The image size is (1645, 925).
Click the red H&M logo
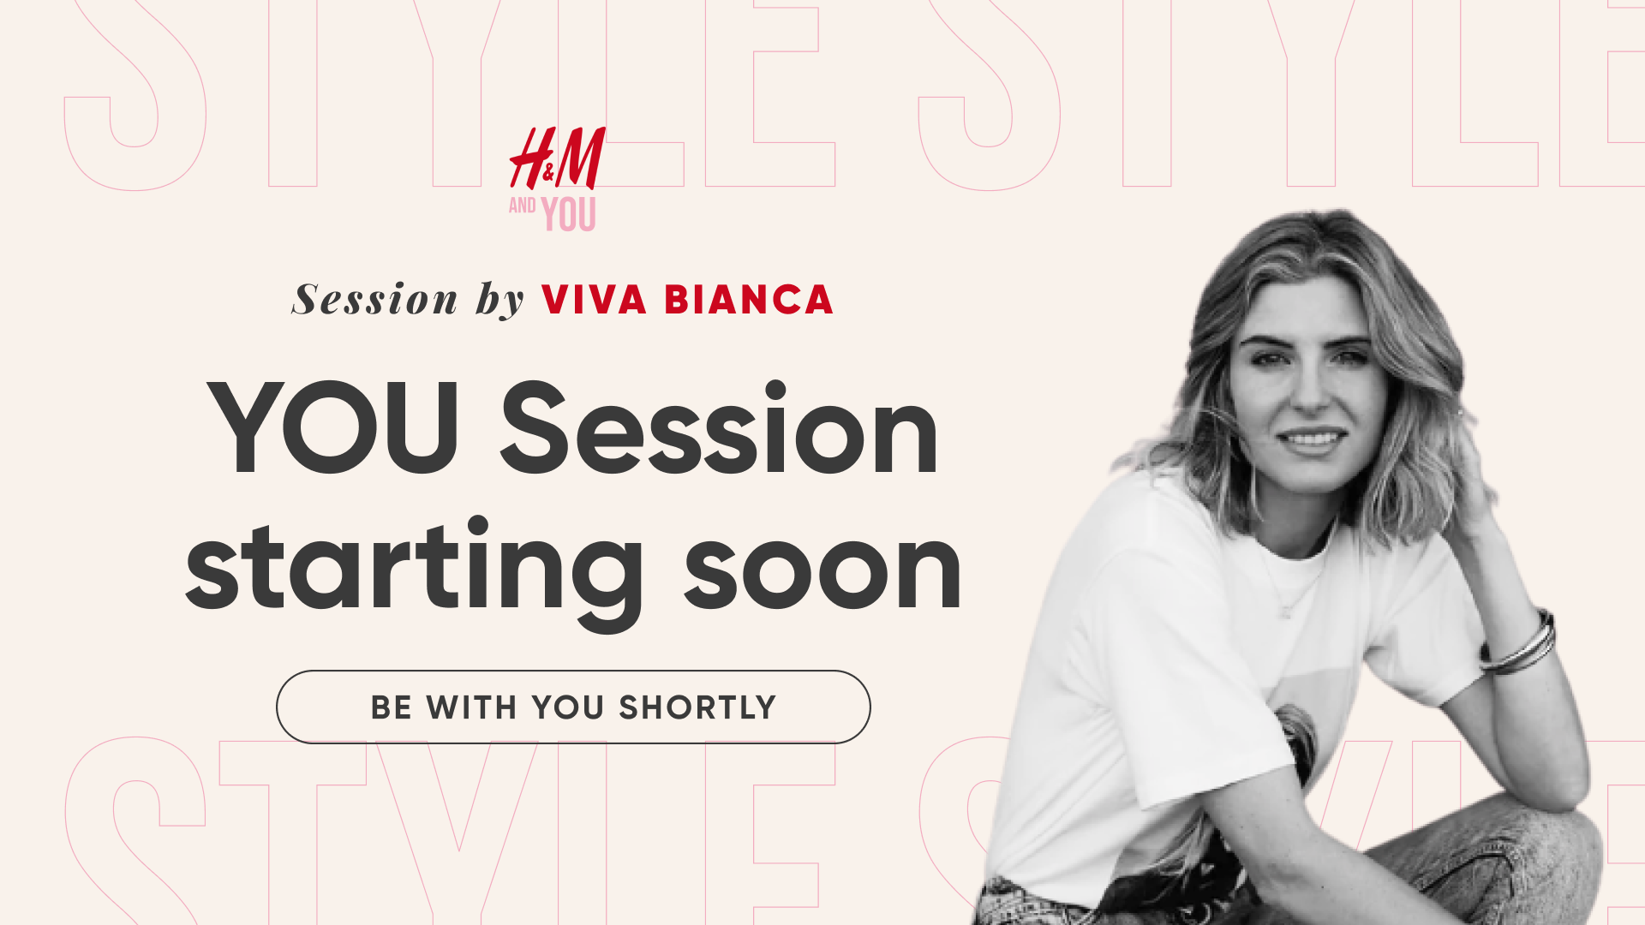pyautogui.click(x=558, y=158)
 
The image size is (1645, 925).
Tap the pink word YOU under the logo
pyautogui.click(x=568, y=214)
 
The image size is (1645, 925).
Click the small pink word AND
pyautogui.click(x=523, y=206)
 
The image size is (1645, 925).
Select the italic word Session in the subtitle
pyautogui.click(x=375, y=300)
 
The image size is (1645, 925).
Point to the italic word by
pyautogui.click(x=500, y=300)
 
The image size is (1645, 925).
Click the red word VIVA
pyautogui.click(x=594, y=300)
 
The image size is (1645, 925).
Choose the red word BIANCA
pyautogui.click(x=749, y=300)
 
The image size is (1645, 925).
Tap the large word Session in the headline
pyautogui.click(x=719, y=427)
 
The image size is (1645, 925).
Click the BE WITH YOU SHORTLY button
pyautogui.click(x=573, y=707)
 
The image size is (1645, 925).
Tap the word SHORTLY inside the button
pyautogui.click(x=697, y=707)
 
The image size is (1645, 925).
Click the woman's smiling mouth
pyautogui.click(x=1312, y=439)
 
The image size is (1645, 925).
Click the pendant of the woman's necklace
pyautogui.click(x=1285, y=612)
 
